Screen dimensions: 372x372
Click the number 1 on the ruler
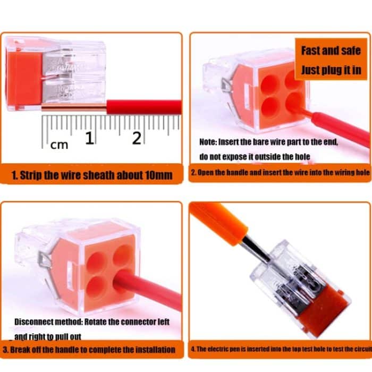[x=89, y=138]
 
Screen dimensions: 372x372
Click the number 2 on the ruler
[x=137, y=138]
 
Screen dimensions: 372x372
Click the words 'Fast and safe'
[x=331, y=51]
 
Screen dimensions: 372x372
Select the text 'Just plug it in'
[x=331, y=70]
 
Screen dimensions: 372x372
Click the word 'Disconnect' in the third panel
[x=34, y=322]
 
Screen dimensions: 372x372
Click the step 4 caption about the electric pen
[x=280, y=350]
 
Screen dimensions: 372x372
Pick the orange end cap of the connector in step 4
[x=329, y=308]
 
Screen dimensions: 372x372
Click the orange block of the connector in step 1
[x=23, y=77]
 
